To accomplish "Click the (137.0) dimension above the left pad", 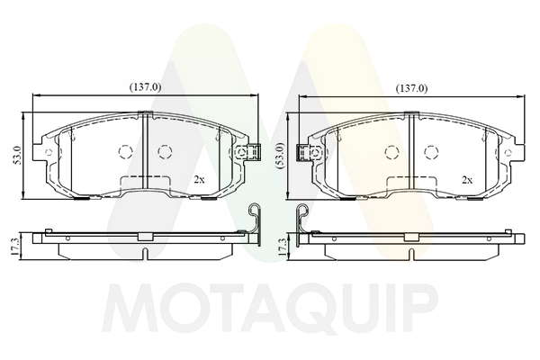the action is pyautogui.click(x=145, y=87).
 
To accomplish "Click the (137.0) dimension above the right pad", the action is pyautogui.click(x=412, y=88).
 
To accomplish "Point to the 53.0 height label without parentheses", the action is pyautogui.click(x=18, y=154).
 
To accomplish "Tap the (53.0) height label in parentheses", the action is pyautogui.click(x=282, y=155).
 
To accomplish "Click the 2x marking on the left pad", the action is pyautogui.click(x=199, y=179).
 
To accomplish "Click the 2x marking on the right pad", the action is pyautogui.click(x=467, y=179).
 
